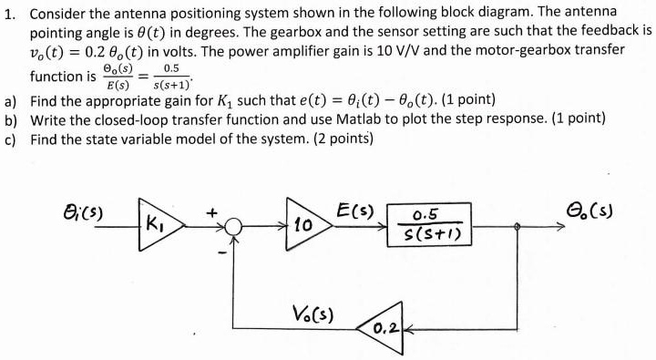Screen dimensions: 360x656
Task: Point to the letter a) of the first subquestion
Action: click(13, 99)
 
